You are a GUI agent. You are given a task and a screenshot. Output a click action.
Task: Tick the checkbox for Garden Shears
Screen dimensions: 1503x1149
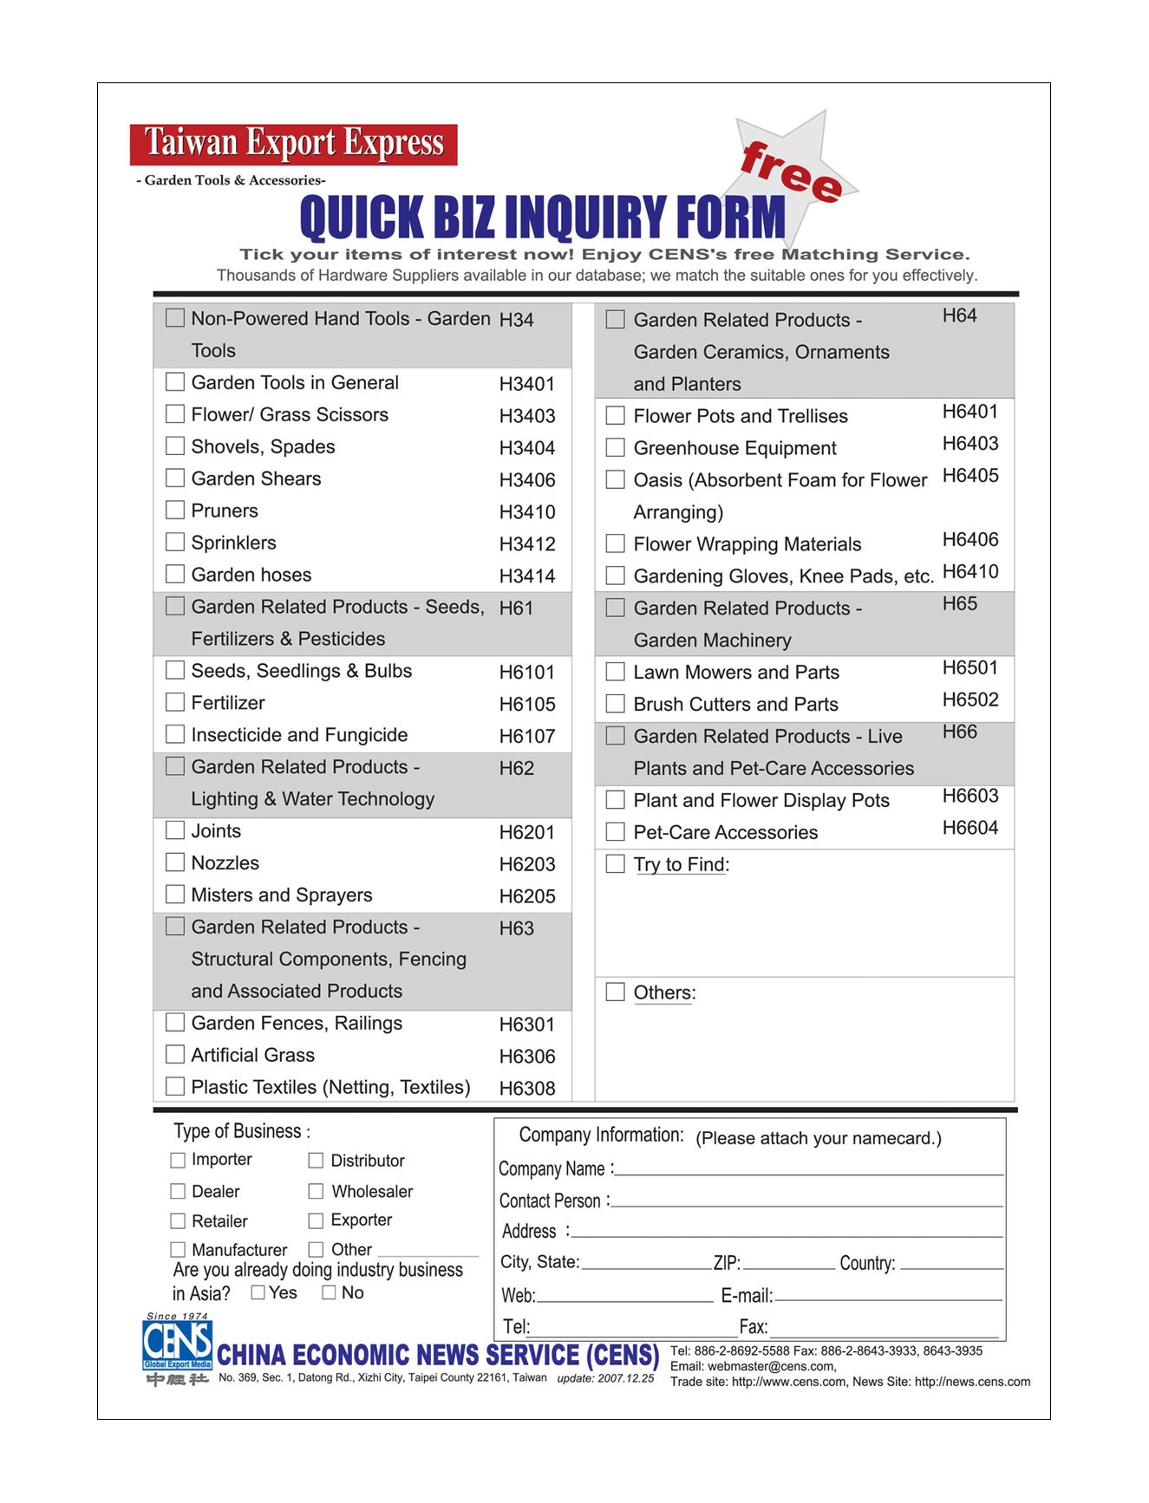click(175, 478)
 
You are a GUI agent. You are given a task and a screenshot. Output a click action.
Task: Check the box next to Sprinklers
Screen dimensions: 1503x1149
click(175, 543)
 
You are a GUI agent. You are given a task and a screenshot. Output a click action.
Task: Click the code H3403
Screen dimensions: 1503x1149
click(527, 416)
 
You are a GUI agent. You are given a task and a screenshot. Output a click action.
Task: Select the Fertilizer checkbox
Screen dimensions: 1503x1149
click(175, 702)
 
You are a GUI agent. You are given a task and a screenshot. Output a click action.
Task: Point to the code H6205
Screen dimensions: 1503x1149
click(527, 896)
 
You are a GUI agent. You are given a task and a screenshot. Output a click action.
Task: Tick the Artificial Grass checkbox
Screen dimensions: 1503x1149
click(175, 1055)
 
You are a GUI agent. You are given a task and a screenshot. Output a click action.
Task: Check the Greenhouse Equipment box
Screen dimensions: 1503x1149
click(616, 448)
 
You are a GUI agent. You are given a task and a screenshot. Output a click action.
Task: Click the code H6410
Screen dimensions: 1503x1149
click(970, 572)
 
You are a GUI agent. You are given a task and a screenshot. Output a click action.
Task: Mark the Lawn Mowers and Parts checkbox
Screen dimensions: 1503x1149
click(616, 672)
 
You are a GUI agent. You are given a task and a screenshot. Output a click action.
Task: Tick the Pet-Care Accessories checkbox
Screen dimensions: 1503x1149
click(616, 832)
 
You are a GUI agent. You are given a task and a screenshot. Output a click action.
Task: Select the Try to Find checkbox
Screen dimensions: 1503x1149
click(616, 864)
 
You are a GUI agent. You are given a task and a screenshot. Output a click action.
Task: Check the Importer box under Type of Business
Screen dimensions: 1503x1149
click(178, 1160)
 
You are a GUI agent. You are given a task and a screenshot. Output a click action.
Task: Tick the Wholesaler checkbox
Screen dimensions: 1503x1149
click(317, 1192)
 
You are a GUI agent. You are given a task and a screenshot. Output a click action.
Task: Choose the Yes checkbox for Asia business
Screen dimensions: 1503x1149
click(258, 1292)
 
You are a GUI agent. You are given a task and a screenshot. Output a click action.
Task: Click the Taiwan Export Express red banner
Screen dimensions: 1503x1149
click(294, 144)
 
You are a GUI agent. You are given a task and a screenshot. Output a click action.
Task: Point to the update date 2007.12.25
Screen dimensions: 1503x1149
click(605, 1378)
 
